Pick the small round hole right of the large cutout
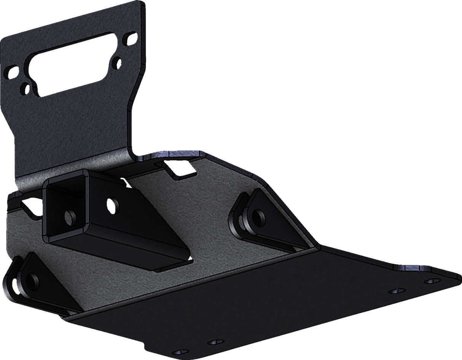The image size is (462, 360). click(117, 60)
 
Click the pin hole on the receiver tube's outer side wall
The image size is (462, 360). click(112, 201)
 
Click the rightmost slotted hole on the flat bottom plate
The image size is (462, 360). click(432, 281)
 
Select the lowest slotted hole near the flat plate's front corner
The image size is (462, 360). click(178, 351)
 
